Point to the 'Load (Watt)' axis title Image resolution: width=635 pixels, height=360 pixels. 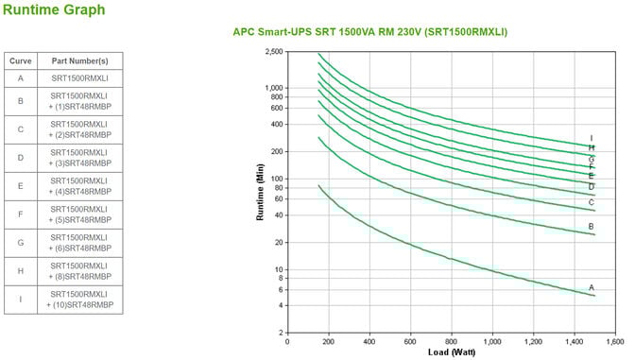451,352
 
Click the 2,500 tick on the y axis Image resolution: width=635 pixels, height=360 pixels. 274,51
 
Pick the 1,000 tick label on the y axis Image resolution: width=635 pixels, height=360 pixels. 274,88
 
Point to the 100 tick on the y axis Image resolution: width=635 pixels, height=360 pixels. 277,179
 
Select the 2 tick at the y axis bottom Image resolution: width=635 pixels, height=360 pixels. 281,333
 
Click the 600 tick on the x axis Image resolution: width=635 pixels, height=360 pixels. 410,341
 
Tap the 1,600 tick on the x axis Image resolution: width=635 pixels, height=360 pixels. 613,341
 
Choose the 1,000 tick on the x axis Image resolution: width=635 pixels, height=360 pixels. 491,341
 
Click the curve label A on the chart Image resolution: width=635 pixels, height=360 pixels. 592,287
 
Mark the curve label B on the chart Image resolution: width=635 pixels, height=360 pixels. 592,227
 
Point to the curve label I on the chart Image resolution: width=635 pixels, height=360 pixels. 592,138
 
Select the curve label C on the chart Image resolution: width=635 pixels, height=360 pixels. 592,201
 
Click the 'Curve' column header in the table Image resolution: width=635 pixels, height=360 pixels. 20,60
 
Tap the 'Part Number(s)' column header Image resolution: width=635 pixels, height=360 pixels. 80,60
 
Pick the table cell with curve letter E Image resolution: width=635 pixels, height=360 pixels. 20,185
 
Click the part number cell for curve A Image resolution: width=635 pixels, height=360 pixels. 80,78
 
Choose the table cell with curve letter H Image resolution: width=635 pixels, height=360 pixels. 20,271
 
